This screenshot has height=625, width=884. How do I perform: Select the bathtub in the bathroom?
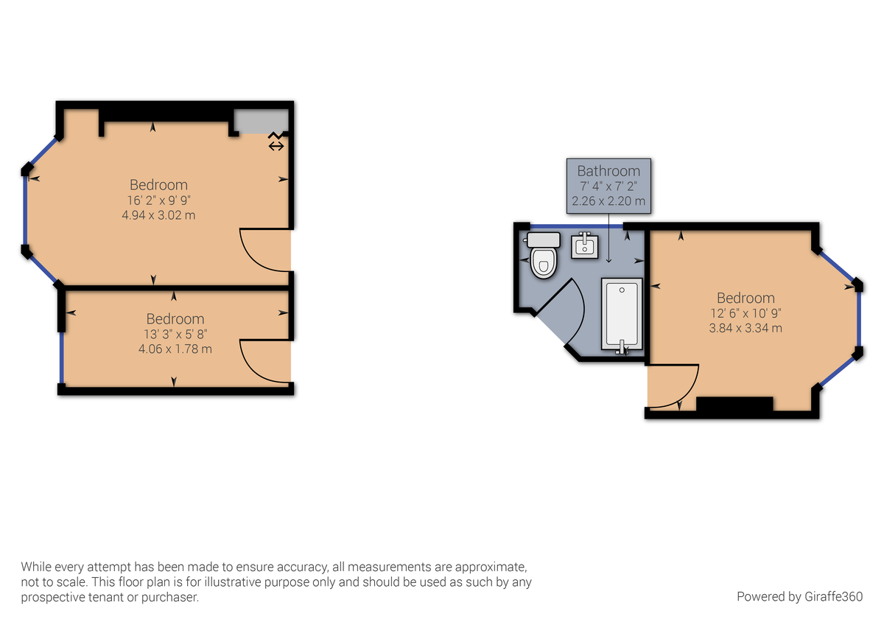622,315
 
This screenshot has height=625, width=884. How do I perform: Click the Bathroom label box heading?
608,171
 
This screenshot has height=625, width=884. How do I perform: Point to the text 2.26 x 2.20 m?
608,200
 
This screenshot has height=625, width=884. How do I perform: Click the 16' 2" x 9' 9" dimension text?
158,200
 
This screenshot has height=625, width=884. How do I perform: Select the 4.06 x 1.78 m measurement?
175,349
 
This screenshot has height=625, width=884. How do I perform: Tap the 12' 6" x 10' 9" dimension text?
746,312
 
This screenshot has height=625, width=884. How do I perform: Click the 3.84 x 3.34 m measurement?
746,327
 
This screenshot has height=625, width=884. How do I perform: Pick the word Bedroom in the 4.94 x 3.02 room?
158,184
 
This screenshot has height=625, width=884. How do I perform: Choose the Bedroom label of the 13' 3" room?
175,318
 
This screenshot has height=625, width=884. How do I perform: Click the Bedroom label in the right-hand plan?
746,298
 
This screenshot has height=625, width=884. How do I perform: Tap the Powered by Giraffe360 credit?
799,596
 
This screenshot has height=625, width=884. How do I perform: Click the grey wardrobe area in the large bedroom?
260,121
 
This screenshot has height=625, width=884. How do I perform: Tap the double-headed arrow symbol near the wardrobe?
276,146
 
